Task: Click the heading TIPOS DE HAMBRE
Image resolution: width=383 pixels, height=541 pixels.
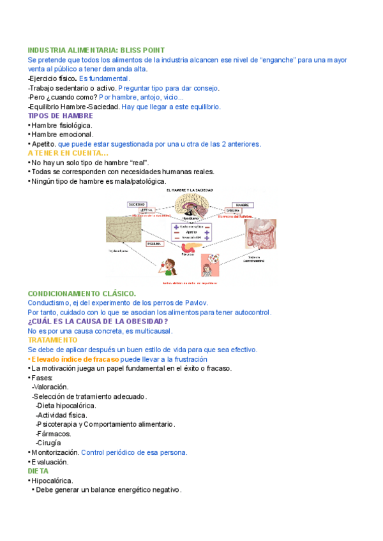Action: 61,116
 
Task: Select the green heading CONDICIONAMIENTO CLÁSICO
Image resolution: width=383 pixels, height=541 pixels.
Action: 82,293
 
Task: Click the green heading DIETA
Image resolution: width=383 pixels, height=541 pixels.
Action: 38,471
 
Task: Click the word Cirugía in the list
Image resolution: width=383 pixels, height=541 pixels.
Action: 49,443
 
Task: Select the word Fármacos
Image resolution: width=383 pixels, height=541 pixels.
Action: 54,434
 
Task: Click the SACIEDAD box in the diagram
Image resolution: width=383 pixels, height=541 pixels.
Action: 136,204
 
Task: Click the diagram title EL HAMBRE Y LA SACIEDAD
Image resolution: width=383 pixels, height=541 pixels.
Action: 190,190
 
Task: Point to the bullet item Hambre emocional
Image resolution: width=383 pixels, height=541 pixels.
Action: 63,135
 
